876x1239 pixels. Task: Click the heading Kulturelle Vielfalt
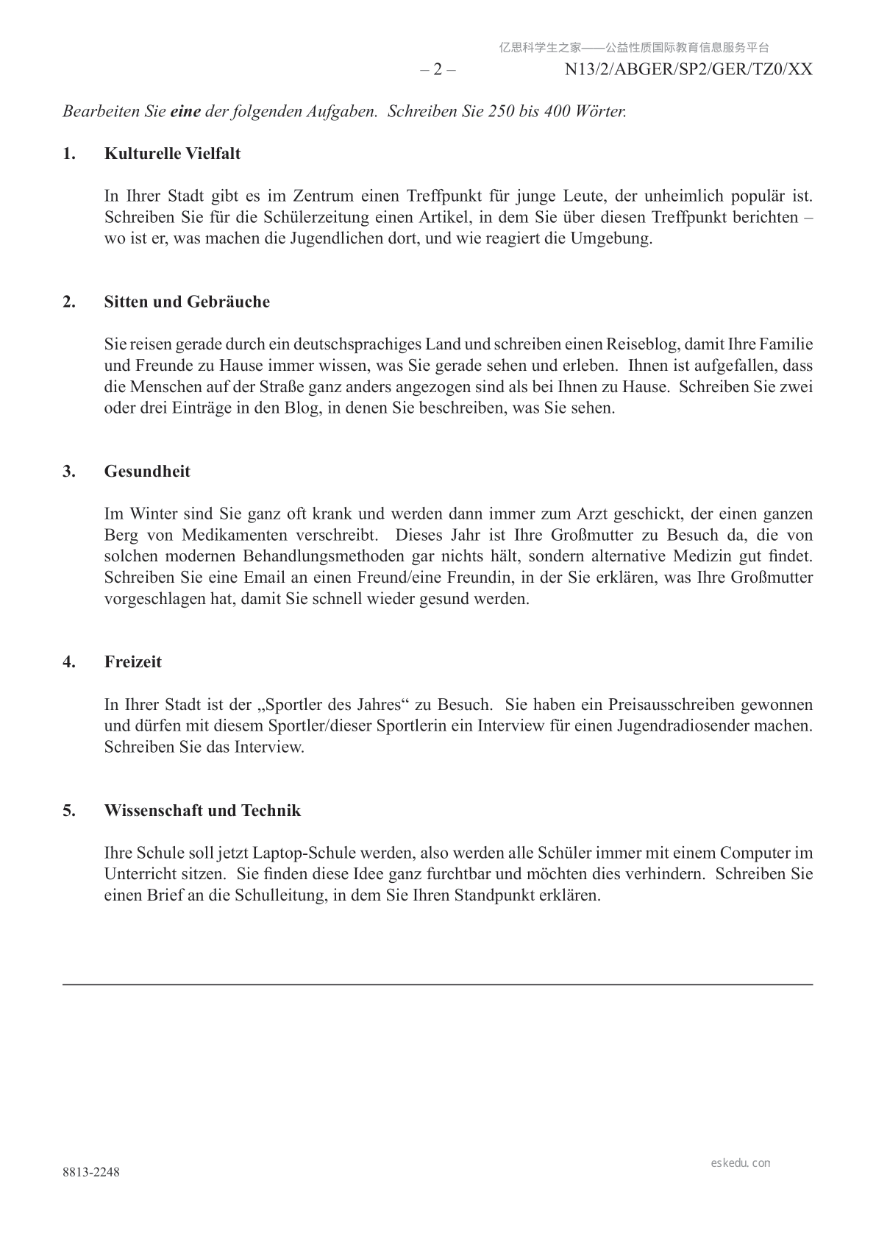[172, 154]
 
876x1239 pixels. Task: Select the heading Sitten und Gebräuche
[187, 302]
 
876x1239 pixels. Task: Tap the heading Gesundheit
[147, 472]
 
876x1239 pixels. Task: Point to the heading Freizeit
[132, 661]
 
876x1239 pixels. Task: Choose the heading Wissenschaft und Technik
[202, 811]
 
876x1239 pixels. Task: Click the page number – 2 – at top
[438, 70]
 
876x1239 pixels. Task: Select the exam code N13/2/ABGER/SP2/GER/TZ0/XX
[688, 70]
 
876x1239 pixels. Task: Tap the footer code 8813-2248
[90, 1172]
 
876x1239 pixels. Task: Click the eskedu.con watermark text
[741, 1163]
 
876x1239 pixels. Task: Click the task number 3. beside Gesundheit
[69, 472]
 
